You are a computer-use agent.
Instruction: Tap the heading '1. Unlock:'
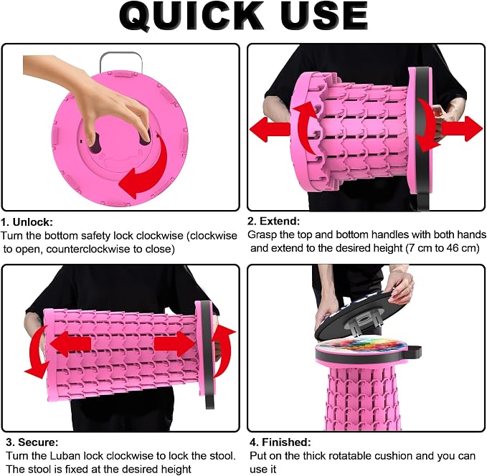[27, 222]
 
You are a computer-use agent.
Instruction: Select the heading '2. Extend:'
[274, 221]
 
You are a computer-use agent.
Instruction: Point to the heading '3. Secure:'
[32, 442]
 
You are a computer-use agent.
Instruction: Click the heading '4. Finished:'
[280, 442]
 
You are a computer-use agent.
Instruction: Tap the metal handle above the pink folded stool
[121, 60]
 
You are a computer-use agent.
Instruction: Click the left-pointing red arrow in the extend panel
[270, 129]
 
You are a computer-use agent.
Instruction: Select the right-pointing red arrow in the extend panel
[462, 128]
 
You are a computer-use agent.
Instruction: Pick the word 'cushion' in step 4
[394, 456]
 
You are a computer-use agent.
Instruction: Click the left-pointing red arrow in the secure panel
[70, 344]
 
